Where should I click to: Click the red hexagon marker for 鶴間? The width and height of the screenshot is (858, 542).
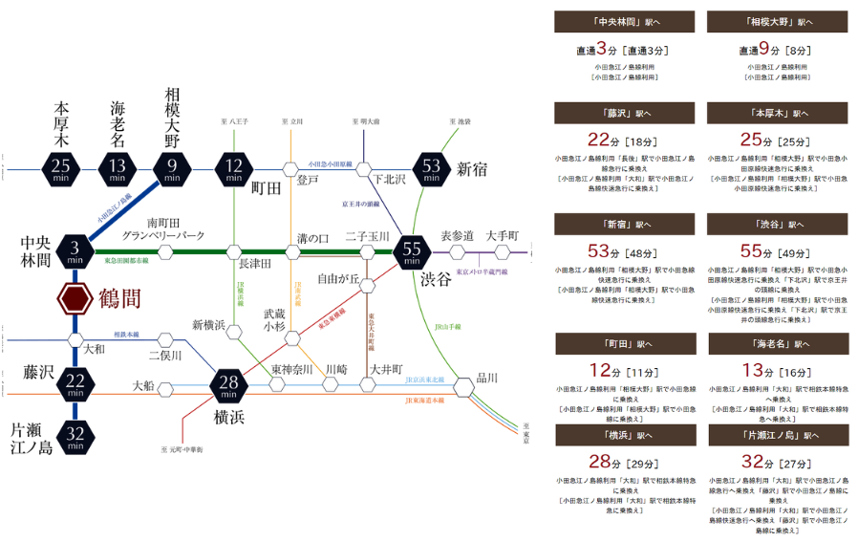click(x=75, y=299)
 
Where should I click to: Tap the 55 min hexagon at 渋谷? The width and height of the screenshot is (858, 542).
click(x=414, y=252)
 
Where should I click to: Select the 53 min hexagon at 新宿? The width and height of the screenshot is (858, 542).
click(x=432, y=169)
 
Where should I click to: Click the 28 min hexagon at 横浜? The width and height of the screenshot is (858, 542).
click(x=229, y=386)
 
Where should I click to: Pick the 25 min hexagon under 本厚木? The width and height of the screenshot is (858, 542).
click(x=61, y=170)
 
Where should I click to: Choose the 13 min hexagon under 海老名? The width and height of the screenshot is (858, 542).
click(x=118, y=170)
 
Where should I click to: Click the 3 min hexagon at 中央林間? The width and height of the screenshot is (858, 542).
click(x=75, y=252)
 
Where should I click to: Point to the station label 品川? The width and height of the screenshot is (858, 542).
click(x=487, y=377)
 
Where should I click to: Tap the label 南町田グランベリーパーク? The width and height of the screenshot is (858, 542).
click(x=162, y=229)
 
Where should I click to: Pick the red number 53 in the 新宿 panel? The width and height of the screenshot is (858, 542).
click(x=599, y=252)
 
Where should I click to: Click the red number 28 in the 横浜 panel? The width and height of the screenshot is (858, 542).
click(x=599, y=463)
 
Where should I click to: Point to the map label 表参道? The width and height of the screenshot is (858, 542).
click(x=458, y=235)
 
